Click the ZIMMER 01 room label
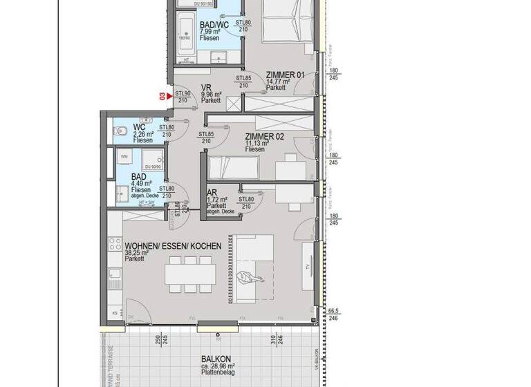[x=286, y=75]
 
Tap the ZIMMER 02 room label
[x=265, y=136]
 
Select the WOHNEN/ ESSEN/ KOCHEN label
[x=174, y=246]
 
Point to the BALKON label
[x=216, y=359]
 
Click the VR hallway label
[x=205, y=88]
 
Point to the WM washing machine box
[x=124, y=157]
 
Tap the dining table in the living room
[x=189, y=274]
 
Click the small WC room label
[x=138, y=127]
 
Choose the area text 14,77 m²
[x=280, y=82]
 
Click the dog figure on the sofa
[x=247, y=278]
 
